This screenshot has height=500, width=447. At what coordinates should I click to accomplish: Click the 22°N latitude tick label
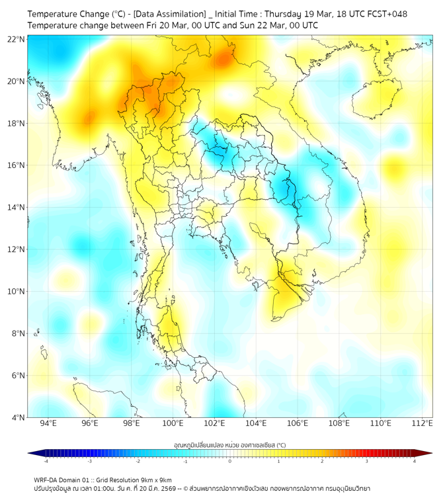(x=16, y=39)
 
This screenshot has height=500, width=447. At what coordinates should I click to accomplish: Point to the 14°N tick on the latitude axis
(x=16, y=208)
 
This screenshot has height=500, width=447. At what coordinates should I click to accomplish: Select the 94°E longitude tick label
(x=48, y=423)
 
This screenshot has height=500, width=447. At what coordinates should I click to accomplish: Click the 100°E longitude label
(x=173, y=423)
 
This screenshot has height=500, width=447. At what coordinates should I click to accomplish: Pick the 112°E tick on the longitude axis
(x=423, y=423)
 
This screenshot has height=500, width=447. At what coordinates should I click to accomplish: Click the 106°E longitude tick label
(x=298, y=423)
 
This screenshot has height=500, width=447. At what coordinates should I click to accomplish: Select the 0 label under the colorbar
(x=230, y=461)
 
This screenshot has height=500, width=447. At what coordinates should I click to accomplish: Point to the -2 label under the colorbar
(x=137, y=461)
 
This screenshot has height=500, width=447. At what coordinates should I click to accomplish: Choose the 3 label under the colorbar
(x=368, y=461)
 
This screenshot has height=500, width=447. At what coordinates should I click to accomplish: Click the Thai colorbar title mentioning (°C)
(x=229, y=444)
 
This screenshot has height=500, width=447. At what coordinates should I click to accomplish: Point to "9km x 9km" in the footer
(x=155, y=479)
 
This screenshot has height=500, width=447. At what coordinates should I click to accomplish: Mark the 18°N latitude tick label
(x=16, y=124)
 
